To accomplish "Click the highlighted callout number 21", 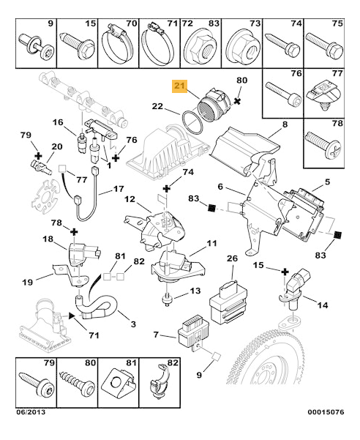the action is [x=179, y=85].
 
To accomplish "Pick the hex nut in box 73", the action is [x=242, y=47].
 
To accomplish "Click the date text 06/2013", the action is [x=30, y=412].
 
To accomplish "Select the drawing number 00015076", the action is [x=326, y=412].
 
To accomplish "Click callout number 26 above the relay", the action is [x=232, y=258].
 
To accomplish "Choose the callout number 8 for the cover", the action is [x=285, y=124].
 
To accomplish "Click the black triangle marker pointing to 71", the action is [x=72, y=316].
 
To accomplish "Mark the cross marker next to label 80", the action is [x=237, y=101].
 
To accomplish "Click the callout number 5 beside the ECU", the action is [x=327, y=182].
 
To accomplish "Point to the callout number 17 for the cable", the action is [x=119, y=189].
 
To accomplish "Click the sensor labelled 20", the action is [x=41, y=167].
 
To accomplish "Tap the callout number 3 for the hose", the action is [x=133, y=324].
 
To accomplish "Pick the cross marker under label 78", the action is [x=74, y=232].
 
